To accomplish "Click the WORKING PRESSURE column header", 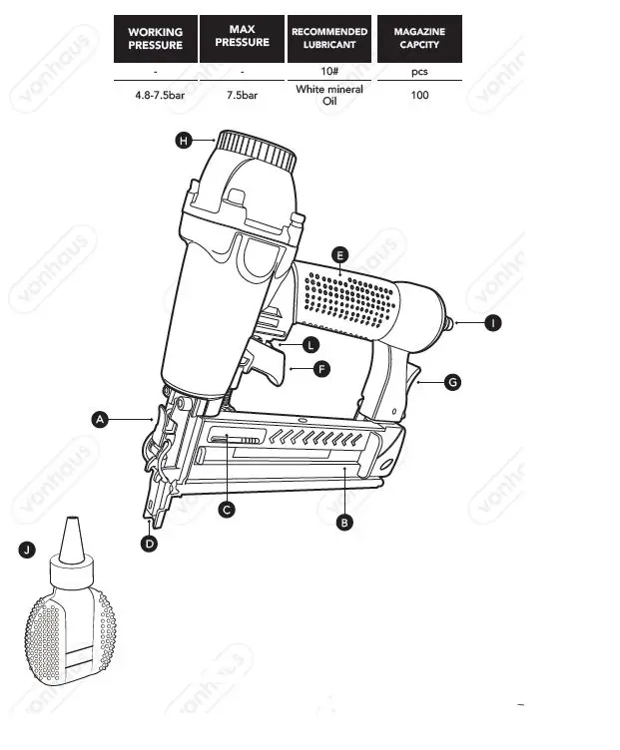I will (155, 39).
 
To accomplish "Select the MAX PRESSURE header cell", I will (242, 37).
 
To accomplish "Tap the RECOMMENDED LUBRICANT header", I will (329, 39).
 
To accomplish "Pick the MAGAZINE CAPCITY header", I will (419, 39).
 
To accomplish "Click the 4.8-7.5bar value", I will (155, 96).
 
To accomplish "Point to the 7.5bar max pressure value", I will (242, 96).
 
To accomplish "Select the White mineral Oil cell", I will (329, 96).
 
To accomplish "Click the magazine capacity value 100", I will (419, 96).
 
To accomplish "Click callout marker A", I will (100, 420).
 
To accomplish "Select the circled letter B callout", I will (344, 522).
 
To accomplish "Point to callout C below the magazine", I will (227, 509).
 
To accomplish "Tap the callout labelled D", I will (149, 544).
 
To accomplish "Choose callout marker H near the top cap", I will (184, 142).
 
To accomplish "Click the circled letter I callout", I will (491, 323).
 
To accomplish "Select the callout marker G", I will (452, 382).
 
